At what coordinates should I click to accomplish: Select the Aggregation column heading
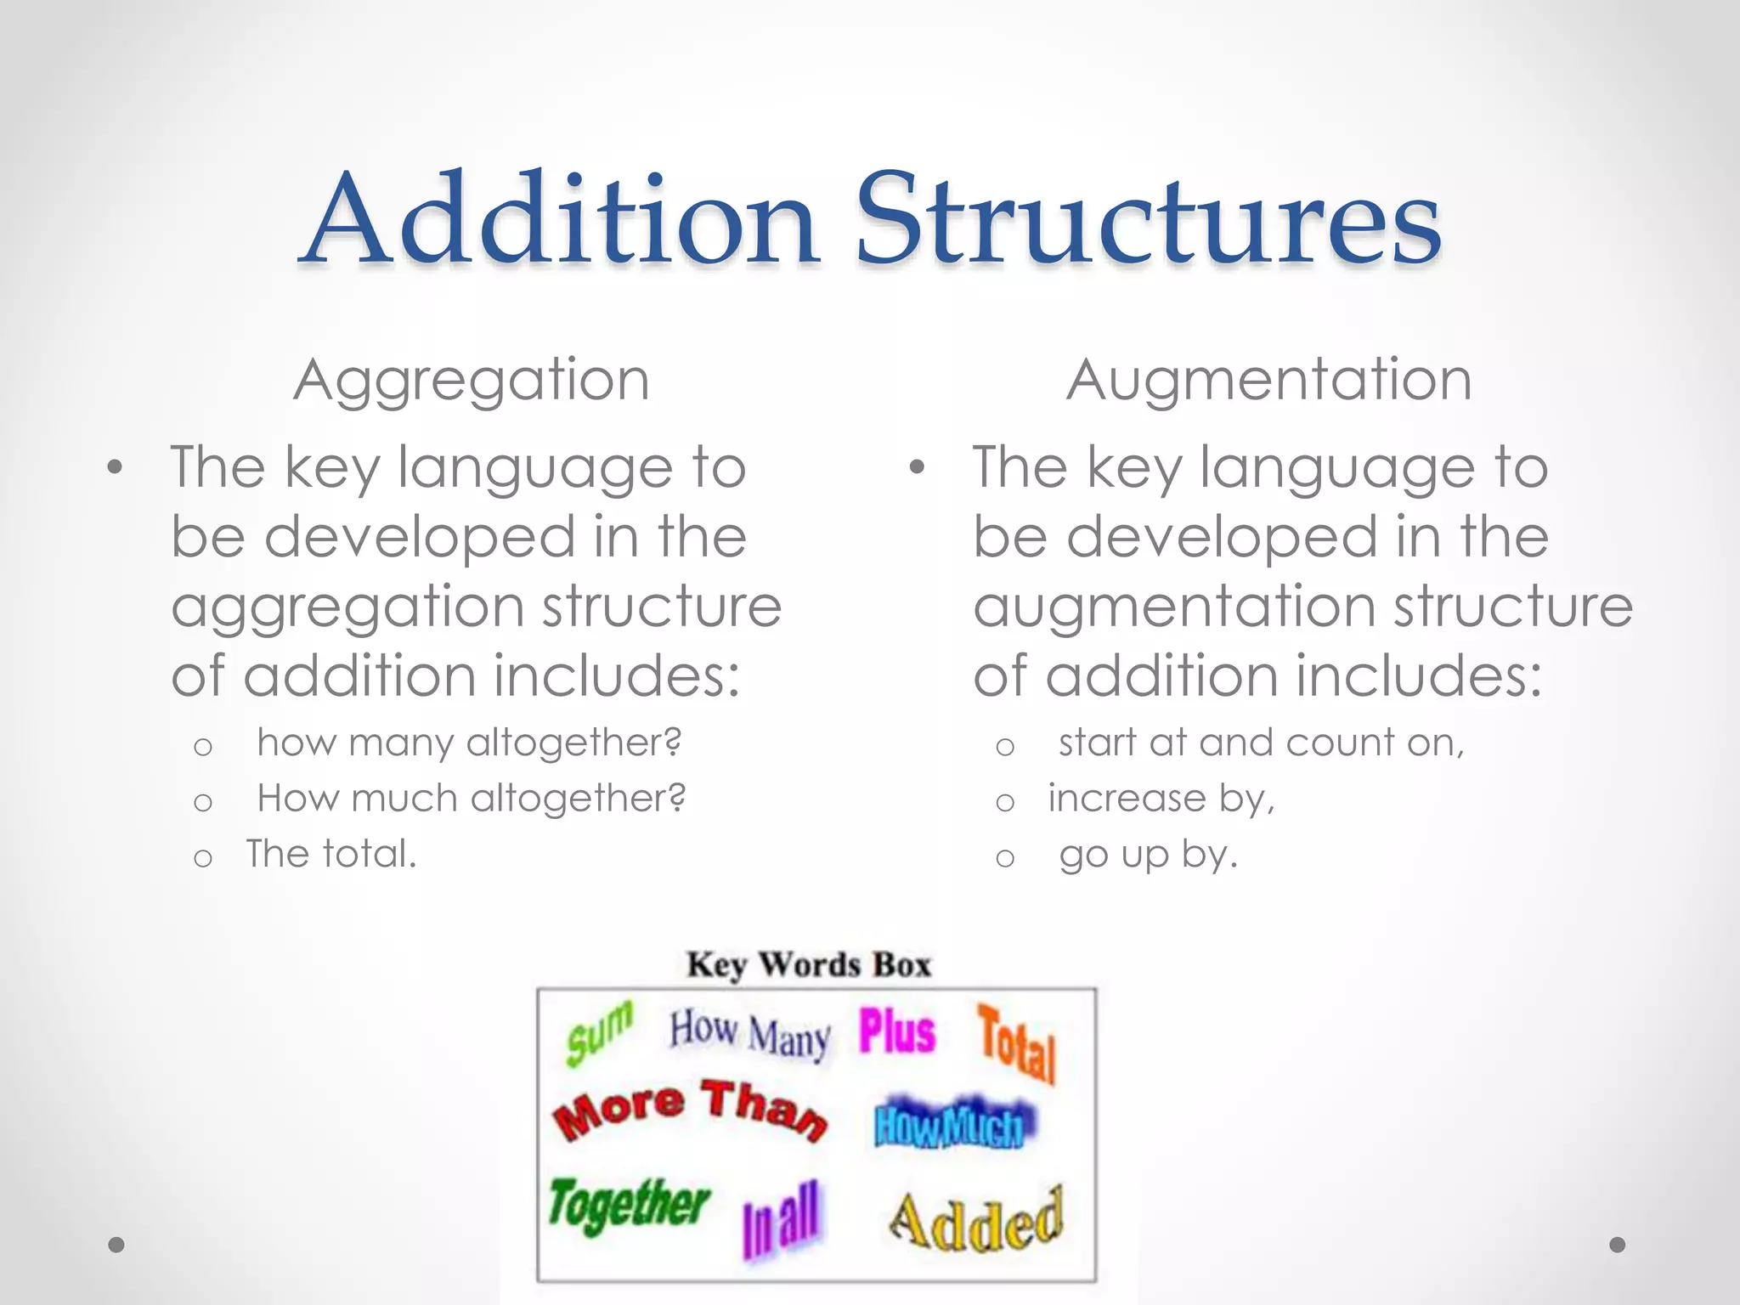[472, 380]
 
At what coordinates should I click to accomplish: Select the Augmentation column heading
[1268, 380]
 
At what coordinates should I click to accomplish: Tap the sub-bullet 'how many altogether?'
[469, 743]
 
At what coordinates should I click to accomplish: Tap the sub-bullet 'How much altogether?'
[471, 799]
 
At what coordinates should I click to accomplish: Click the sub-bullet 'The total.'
[331, 854]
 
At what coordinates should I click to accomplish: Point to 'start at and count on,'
[1261, 743]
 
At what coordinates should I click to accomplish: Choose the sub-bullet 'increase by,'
[1161, 799]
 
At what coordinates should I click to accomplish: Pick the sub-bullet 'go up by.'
[1148, 855]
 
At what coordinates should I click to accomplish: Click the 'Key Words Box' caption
[809, 965]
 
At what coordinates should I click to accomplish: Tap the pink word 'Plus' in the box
[896, 1032]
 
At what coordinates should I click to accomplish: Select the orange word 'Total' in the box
[1016, 1044]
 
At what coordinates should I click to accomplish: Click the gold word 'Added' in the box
[977, 1221]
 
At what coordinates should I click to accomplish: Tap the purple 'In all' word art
[780, 1219]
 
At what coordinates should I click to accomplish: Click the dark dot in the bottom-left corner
[116, 1245]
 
